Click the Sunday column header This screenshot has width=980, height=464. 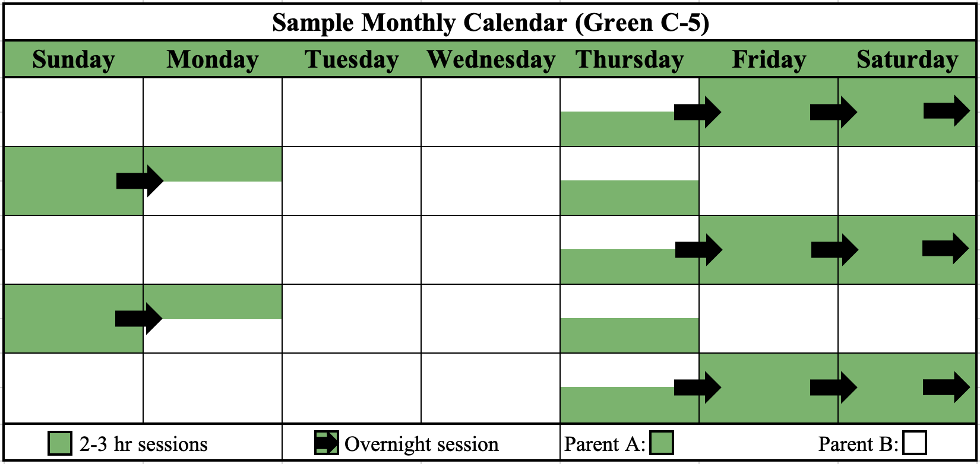74,59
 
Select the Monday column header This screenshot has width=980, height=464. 213,59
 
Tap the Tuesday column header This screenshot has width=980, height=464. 352,59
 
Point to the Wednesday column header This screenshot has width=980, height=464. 491,59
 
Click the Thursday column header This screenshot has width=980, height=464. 630,59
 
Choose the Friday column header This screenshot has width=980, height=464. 769,59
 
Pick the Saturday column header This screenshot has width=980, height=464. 907,59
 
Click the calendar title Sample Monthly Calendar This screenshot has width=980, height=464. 491,23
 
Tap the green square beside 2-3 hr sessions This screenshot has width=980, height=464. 60,443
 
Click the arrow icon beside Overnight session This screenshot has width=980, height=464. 326,443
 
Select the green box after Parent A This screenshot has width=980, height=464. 662,443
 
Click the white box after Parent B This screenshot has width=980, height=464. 915,443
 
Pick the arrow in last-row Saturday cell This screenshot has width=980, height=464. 946,387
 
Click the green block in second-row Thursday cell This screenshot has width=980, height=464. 629,198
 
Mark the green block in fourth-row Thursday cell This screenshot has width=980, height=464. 629,335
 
